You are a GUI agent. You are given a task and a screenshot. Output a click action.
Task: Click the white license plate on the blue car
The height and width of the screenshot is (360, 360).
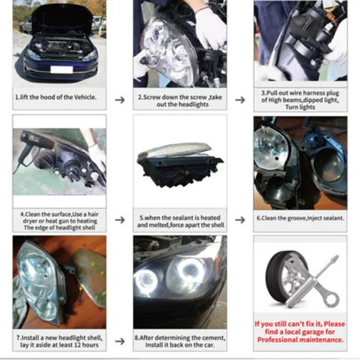click(62, 70)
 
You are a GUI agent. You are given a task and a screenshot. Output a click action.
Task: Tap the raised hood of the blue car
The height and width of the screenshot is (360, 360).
click(62, 20)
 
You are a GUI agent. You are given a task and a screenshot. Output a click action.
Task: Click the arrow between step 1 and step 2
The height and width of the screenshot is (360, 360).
click(120, 100)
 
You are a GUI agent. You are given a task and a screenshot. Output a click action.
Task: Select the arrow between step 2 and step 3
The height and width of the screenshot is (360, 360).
click(240, 100)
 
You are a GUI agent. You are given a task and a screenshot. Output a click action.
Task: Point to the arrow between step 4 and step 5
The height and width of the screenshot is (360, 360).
click(120, 220)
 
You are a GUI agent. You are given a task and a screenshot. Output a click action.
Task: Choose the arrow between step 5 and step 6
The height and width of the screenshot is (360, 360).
click(240, 220)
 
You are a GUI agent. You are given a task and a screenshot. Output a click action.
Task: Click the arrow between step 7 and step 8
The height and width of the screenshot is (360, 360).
click(120, 341)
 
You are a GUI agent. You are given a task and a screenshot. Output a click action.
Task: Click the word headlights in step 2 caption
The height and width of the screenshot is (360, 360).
click(194, 104)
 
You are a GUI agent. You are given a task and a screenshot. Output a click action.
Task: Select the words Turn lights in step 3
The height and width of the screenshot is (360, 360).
click(300, 107)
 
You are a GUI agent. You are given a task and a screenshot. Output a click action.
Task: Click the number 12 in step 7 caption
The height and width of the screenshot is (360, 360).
click(77, 345)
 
